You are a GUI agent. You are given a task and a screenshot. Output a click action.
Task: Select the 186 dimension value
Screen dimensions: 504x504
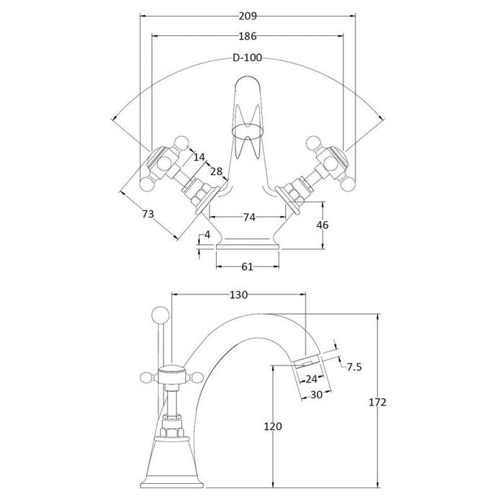(248, 36)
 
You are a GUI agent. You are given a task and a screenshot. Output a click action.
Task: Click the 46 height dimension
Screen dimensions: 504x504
(323, 225)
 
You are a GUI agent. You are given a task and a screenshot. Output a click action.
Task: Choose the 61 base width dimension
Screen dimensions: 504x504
(247, 267)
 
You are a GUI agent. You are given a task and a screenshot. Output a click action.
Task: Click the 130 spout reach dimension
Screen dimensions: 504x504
(238, 295)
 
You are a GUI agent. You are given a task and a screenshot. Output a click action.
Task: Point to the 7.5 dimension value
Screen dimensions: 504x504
(354, 367)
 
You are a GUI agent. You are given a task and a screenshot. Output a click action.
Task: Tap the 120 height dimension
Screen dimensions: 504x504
(273, 426)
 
